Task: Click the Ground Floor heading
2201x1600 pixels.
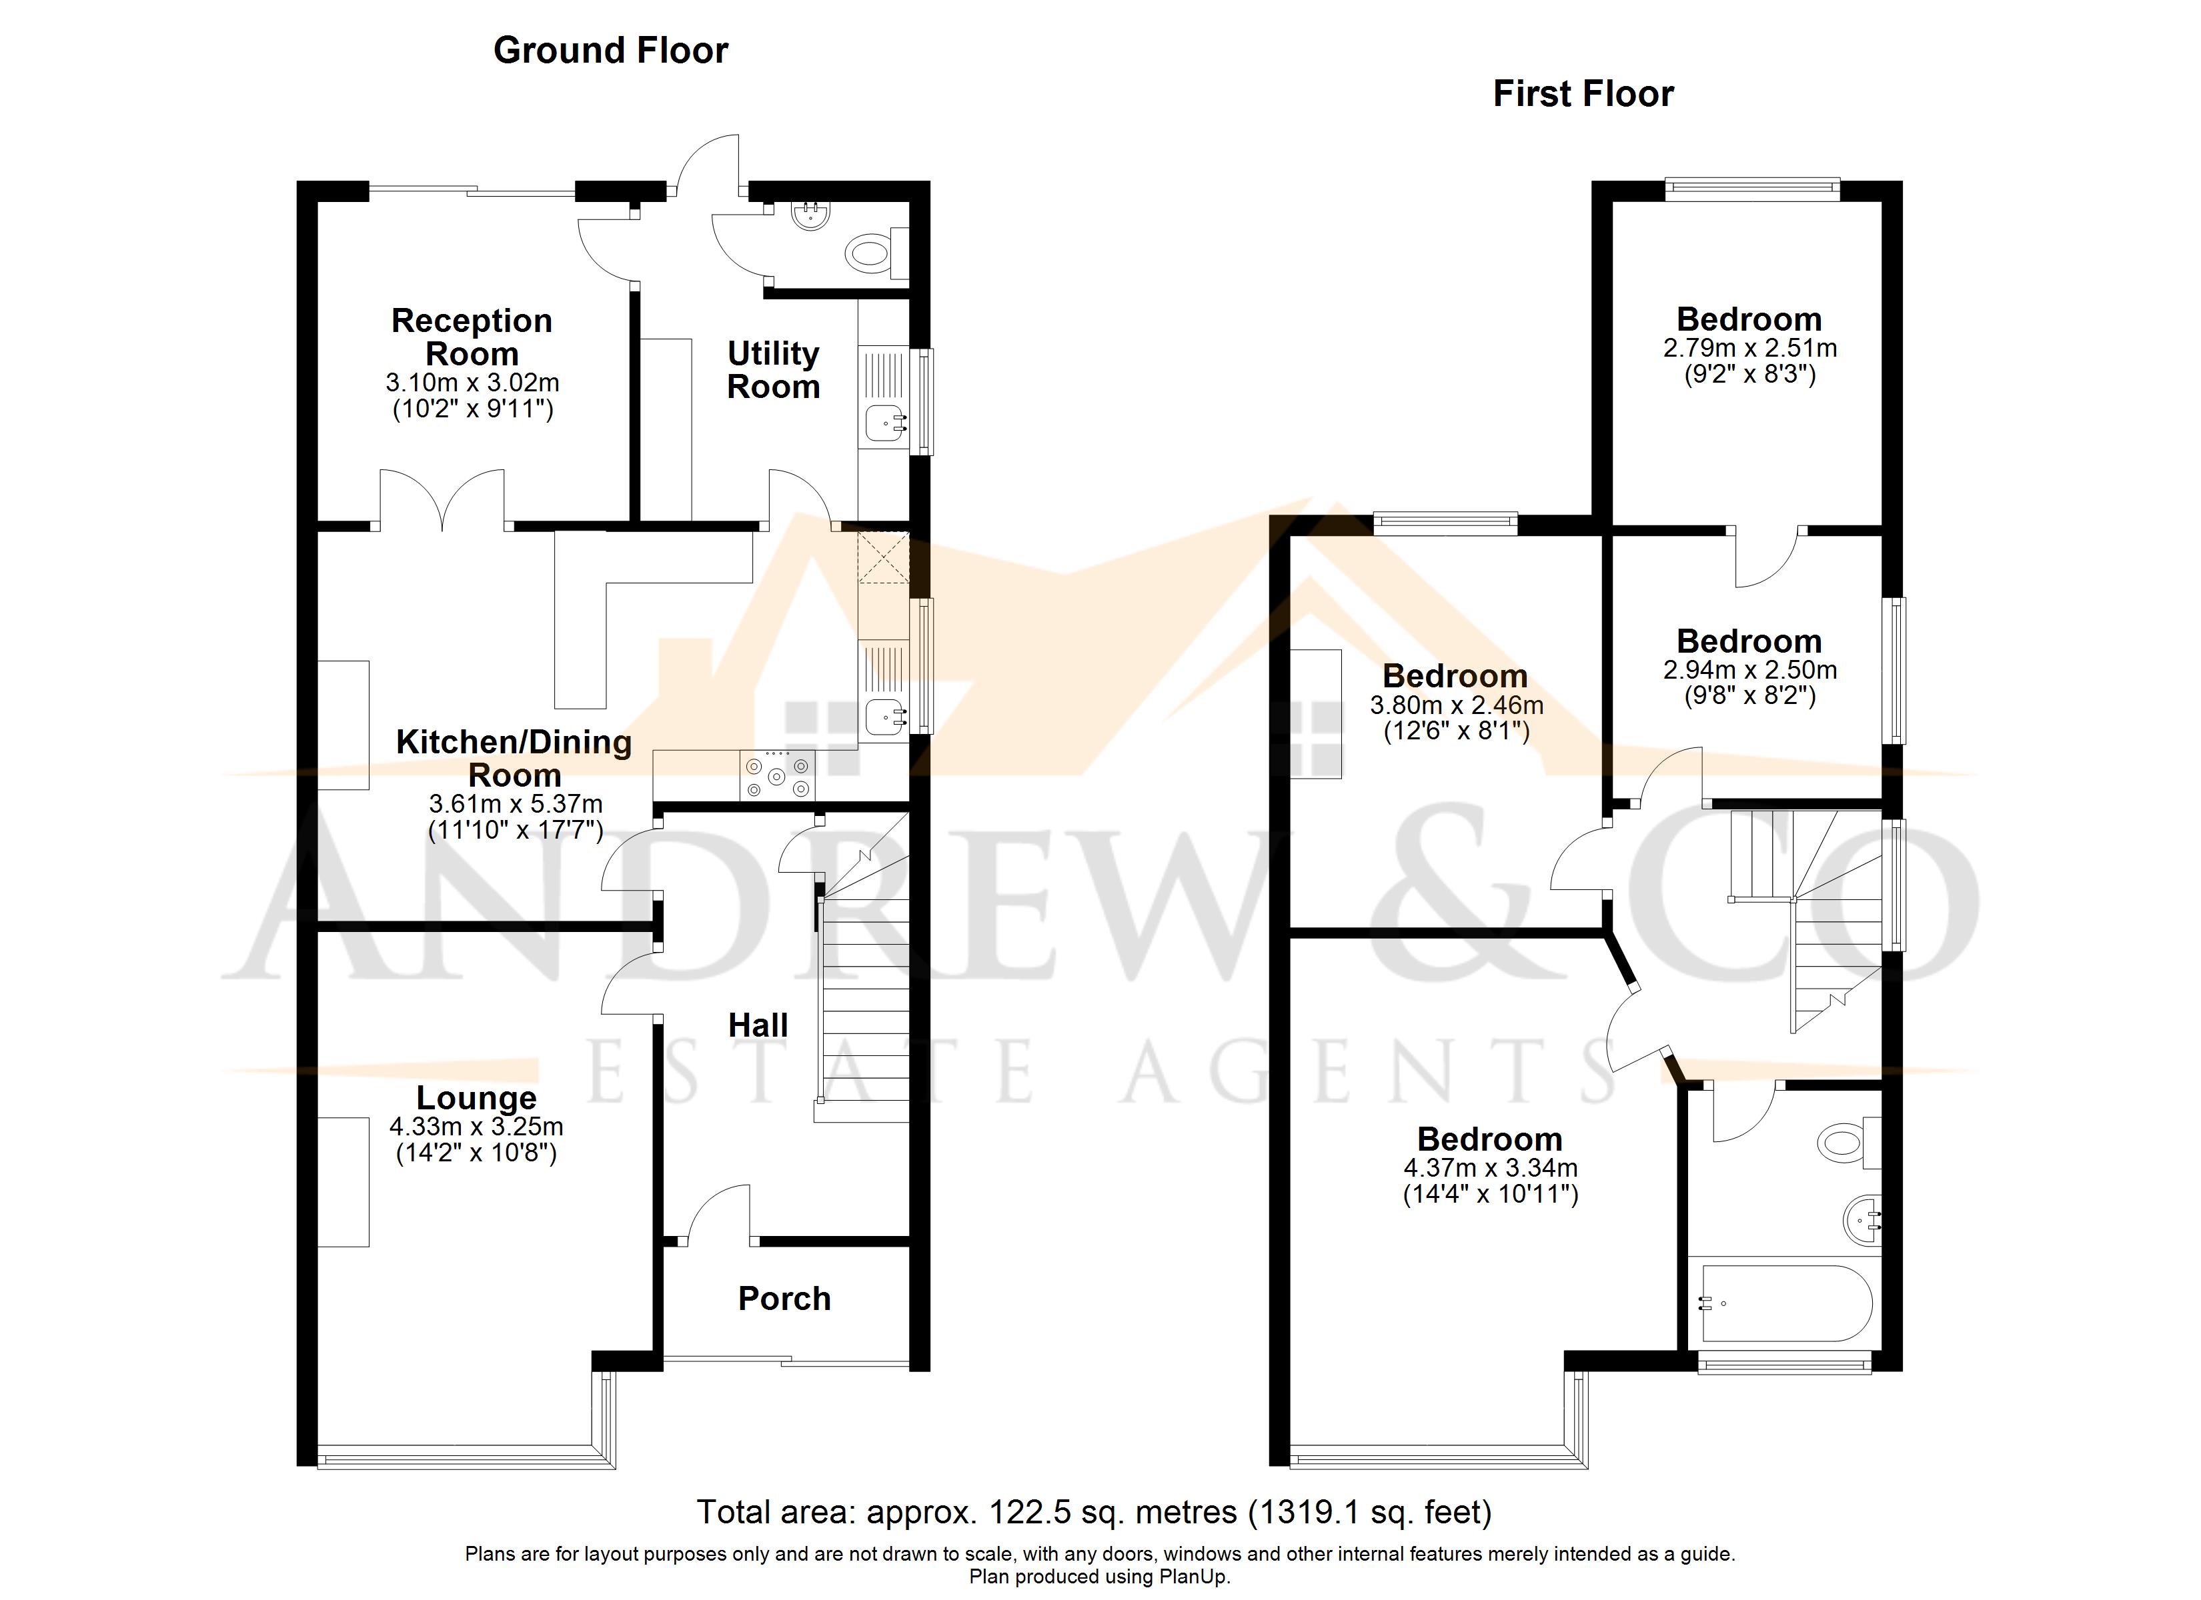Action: click(x=610, y=51)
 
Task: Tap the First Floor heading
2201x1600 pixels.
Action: click(x=1583, y=94)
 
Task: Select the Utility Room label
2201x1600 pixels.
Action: click(x=774, y=370)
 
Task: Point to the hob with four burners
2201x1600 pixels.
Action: click(x=777, y=776)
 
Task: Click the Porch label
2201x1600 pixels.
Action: click(x=784, y=1298)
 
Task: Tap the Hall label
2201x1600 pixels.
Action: click(x=758, y=1025)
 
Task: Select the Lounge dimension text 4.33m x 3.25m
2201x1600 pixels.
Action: click(x=476, y=1127)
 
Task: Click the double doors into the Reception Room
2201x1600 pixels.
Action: click(x=442, y=500)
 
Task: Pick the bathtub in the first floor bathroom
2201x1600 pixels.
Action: click(x=1783, y=1303)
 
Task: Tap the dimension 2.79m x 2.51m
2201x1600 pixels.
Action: click(x=1749, y=347)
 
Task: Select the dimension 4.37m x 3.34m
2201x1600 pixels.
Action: click(x=1489, y=1167)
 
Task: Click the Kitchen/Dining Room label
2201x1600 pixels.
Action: click(x=514, y=758)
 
